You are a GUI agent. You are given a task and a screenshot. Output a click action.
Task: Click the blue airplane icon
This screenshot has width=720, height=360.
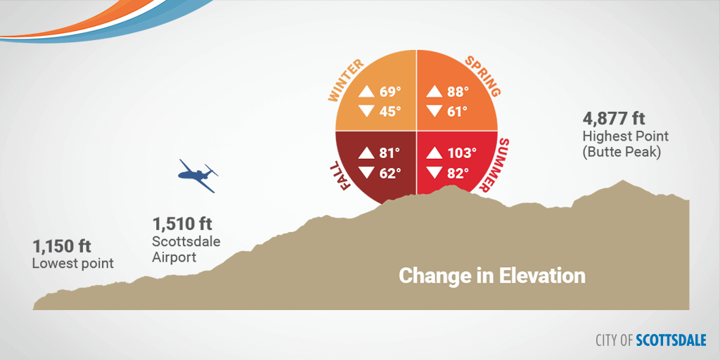click(x=198, y=175)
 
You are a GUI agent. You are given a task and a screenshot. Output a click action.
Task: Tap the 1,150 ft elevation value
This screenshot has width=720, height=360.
click(x=62, y=246)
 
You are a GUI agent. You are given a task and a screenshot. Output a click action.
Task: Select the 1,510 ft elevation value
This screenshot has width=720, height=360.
click(x=182, y=224)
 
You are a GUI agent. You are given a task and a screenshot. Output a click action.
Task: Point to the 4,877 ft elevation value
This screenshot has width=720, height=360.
click(x=614, y=118)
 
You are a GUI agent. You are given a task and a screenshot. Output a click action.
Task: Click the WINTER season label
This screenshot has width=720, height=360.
click(x=346, y=80)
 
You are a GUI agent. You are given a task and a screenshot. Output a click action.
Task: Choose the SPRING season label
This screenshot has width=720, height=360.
click(x=482, y=76)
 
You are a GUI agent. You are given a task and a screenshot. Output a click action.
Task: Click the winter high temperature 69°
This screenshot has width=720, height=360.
click(x=390, y=92)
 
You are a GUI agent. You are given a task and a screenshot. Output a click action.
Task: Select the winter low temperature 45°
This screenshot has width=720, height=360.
click(x=390, y=111)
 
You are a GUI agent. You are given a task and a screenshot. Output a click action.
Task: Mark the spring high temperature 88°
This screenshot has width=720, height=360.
click(x=458, y=92)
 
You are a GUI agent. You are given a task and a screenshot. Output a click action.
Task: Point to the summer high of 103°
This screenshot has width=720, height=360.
click(x=462, y=153)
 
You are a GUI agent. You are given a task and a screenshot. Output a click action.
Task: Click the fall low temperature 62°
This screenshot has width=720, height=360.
click(x=390, y=173)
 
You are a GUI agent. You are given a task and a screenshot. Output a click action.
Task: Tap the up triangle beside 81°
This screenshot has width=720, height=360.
click(x=367, y=153)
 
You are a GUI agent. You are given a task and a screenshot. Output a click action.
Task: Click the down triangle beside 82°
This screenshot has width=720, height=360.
click(x=435, y=173)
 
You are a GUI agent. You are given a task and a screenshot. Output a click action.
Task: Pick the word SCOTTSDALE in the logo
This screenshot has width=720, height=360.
click(x=671, y=340)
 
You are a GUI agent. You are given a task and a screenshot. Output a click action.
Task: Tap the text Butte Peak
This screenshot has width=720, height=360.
click(x=622, y=153)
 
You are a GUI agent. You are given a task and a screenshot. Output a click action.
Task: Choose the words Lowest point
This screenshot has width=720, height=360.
click(x=72, y=264)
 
